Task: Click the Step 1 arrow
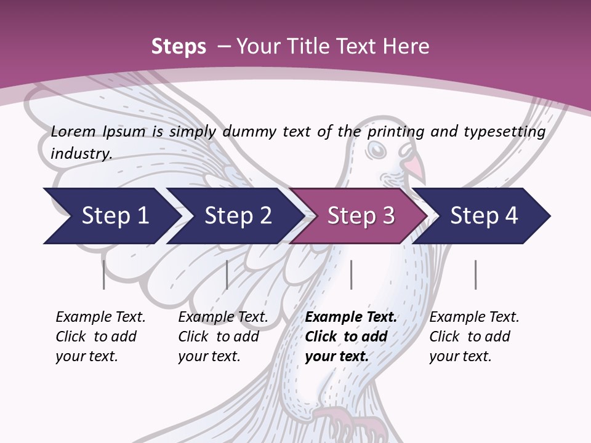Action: (x=111, y=216)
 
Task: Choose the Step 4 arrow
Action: (x=484, y=216)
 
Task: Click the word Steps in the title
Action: (x=179, y=47)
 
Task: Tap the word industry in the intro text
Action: (x=81, y=153)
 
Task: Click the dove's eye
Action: (x=376, y=150)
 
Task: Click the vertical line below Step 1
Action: (x=104, y=274)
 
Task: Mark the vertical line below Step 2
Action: (x=227, y=274)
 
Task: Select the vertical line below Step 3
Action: (x=351, y=274)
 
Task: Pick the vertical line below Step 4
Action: (x=475, y=274)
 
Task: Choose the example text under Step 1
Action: (x=100, y=337)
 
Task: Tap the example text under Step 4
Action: (x=474, y=337)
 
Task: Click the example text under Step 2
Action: (x=223, y=337)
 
